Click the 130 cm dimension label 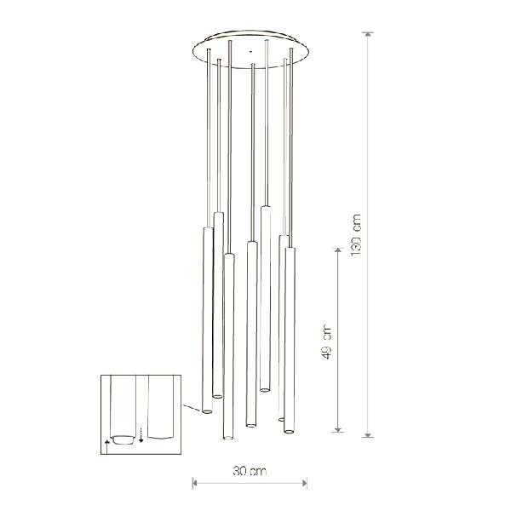click(356, 235)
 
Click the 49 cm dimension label click(326, 342)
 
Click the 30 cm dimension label click(250, 471)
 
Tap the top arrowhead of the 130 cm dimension click(368, 34)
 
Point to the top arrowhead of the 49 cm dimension click(338, 250)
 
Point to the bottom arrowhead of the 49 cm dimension click(338, 430)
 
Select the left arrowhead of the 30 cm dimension click(195, 483)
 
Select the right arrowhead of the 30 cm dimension click(305, 483)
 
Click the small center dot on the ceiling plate click(250, 51)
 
